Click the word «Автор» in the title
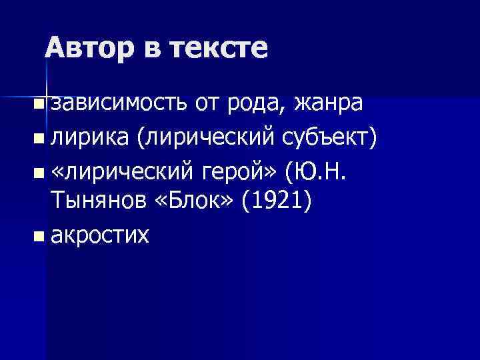click(x=88, y=48)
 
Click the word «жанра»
click(x=329, y=104)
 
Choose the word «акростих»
click(x=100, y=235)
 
